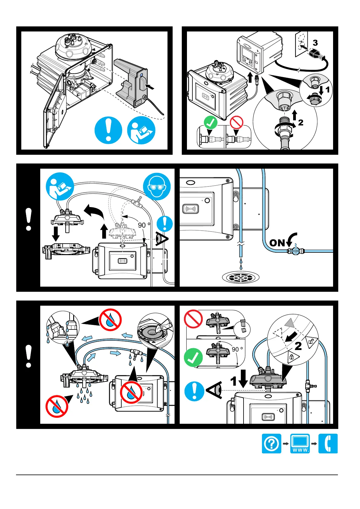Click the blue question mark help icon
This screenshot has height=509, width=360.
coord(271,443)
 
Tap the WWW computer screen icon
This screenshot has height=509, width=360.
coord(300,443)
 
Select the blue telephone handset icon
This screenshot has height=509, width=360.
coord(328,443)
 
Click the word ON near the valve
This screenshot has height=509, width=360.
coord(277,243)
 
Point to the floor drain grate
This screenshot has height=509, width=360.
coord(241,277)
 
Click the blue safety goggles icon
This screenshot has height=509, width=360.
coord(157,186)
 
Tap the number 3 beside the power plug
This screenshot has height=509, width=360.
coord(315,43)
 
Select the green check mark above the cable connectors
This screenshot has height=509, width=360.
coord(211,122)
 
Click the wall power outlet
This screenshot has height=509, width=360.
coord(301,44)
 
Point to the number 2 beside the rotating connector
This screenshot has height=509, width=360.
coord(300,122)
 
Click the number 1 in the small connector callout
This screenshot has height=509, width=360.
coord(327,89)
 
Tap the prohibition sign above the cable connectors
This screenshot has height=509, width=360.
coord(237,122)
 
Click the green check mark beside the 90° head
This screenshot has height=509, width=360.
coord(193,357)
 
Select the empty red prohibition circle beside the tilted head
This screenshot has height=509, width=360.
coord(193,319)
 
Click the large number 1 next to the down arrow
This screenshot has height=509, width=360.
coord(234,381)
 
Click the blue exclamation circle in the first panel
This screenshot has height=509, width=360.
coord(108,130)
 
